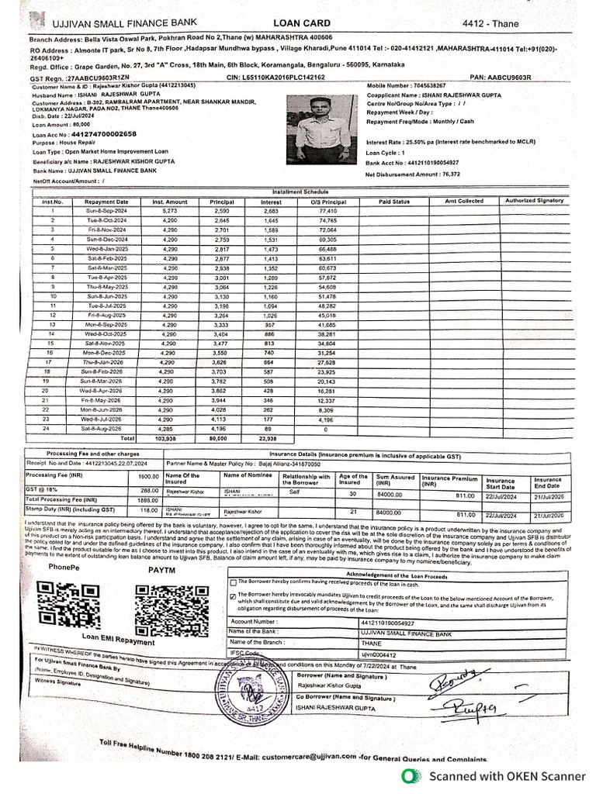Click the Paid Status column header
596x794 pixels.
[x=393, y=201]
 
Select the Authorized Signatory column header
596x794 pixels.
[x=535, y=201]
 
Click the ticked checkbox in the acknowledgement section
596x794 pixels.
[x=233, y=596]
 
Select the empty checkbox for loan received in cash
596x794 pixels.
[x=233, y=582]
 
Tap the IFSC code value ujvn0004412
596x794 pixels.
[x=376, y=655]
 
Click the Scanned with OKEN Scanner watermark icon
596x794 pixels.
[x=409, y=776]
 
